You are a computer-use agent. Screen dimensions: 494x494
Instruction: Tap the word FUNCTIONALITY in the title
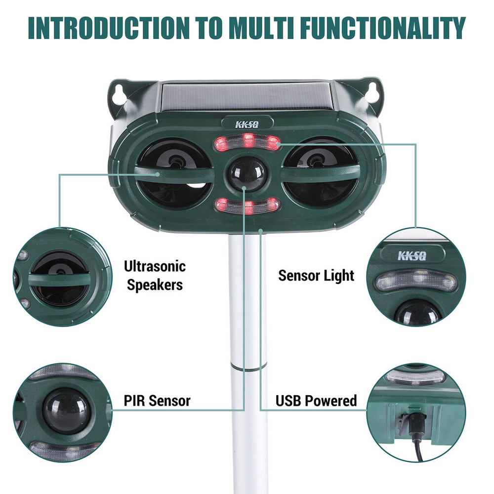tap(383, 28)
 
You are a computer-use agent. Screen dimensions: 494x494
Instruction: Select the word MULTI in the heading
tap(261, 28)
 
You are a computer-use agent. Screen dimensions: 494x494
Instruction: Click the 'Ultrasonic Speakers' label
tap(155, 276)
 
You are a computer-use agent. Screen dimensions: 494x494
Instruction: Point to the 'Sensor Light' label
tap(316, 275)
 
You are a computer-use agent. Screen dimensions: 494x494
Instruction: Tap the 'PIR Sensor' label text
tap(157, 401)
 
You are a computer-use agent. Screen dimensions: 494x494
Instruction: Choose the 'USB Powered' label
tap(316, 401)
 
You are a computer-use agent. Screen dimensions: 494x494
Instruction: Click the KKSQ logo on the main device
tap(247, 124)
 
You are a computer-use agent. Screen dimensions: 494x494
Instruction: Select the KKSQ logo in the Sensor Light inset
tap(412, 255)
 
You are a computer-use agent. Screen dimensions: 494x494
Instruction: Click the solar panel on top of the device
tap(247, 97)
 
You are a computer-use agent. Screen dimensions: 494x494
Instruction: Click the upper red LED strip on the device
tap(247, 142)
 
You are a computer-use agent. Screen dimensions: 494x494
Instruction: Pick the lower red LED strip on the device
tap(247, 206)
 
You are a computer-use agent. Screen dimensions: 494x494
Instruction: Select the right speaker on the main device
tap(320, 173)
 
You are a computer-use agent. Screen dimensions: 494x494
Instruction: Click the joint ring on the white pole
tap(247, 367)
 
